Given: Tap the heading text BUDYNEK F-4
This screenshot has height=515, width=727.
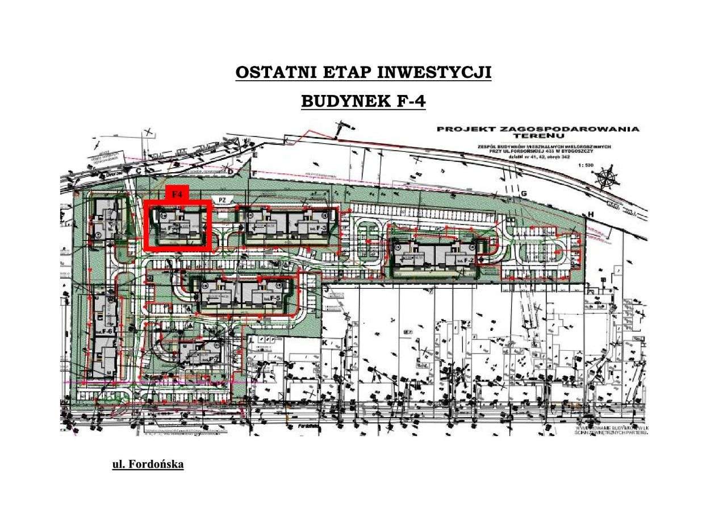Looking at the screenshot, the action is [363, 101].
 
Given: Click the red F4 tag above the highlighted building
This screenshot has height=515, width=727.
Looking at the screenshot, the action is [177, 194].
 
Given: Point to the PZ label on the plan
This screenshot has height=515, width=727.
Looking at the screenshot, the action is [223, 200].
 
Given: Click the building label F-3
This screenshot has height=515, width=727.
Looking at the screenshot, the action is [321, 228].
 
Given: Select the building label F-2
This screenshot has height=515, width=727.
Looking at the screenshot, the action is [469, 260].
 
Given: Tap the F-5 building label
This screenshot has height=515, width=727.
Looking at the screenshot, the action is [275, 298].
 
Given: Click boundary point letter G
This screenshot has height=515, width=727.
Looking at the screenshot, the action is [524, 194].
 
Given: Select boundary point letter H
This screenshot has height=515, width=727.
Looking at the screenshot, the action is [591, 213].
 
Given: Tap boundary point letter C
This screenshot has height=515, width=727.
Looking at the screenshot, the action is [138, 171].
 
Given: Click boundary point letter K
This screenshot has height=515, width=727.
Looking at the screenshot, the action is [324, 344].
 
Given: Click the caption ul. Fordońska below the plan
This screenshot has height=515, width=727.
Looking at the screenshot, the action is [148, 464].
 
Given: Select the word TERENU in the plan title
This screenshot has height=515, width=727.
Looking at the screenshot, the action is [536, 136].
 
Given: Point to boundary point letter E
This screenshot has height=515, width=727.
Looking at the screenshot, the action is [256, 155].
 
